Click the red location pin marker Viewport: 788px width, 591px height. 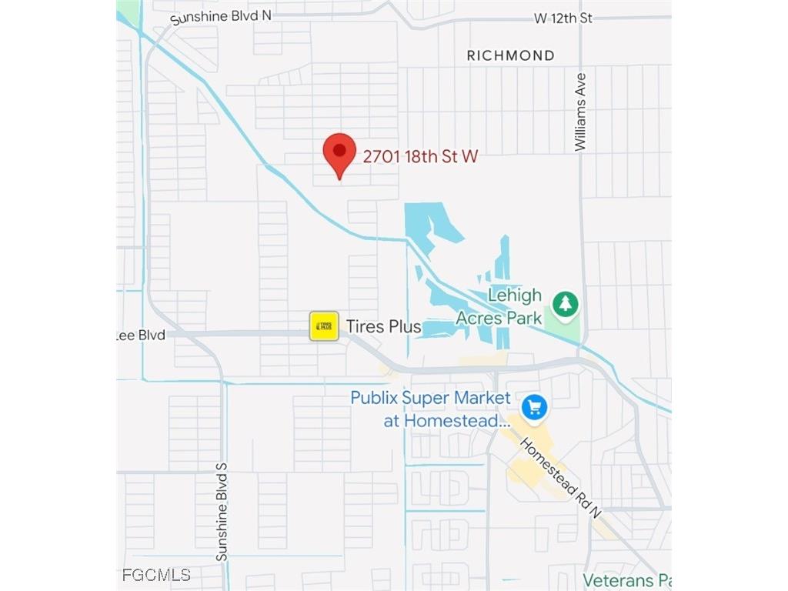coord(339,153)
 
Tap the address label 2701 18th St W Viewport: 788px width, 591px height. coord(420,157)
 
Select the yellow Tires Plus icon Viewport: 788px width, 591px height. coord(324,326)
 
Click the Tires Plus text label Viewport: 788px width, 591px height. coord(383,327)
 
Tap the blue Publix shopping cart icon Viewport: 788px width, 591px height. coord(534,407)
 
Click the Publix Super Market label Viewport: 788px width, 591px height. coord(430,399)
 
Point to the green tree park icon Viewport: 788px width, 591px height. coord(566,302)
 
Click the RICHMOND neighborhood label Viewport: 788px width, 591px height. coord(511,55)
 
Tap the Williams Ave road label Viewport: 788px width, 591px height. coord(581,112)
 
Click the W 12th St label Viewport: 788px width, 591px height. coord(563,18)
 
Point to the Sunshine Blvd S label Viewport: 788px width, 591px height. coord(222,512)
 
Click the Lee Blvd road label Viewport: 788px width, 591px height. coord(141,336)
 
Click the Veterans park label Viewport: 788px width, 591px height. coord(626,580)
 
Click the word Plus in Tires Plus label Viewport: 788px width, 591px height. coord(402,327)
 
